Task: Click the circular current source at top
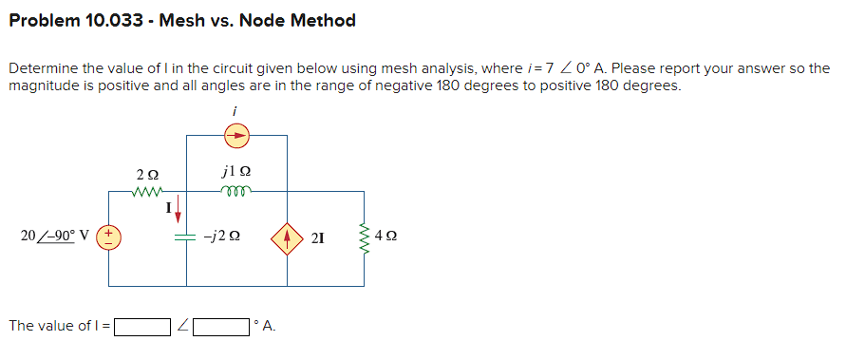tap(236, 137)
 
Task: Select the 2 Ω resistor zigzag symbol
tap(148, 191)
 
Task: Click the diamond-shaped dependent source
tap(288, 237)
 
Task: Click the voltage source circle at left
tap(107, 237)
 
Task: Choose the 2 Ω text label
tap(148, 175)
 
